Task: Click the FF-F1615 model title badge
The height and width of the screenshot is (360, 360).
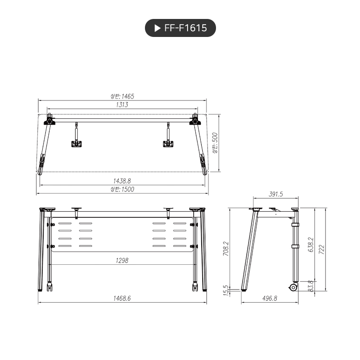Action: pos(180,28)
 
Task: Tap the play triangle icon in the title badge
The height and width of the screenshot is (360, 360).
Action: pos(157,28)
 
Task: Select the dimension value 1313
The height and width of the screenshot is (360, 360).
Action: pos(122,104)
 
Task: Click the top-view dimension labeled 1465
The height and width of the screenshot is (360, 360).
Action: pos(122,96)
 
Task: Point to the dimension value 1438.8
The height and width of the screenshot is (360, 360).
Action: pos(122,181)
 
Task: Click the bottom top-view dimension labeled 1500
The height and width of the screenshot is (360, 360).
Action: pos(122,189)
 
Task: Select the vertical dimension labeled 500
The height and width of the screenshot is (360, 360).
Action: pos(215,143)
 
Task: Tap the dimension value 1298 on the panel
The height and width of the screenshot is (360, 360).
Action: pos(122,260)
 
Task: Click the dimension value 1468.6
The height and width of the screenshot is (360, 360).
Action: pos(122,298)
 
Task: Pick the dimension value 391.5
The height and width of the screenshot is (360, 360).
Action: pos(276,194)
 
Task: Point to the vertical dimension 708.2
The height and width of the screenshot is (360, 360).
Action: pos(225,249)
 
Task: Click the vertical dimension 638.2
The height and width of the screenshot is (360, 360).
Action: pos(311,245)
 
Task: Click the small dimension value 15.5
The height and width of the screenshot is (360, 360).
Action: pos(225,289)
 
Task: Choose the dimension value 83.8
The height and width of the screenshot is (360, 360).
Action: pos(311,286)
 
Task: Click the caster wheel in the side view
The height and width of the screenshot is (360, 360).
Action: pos(294,287)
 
